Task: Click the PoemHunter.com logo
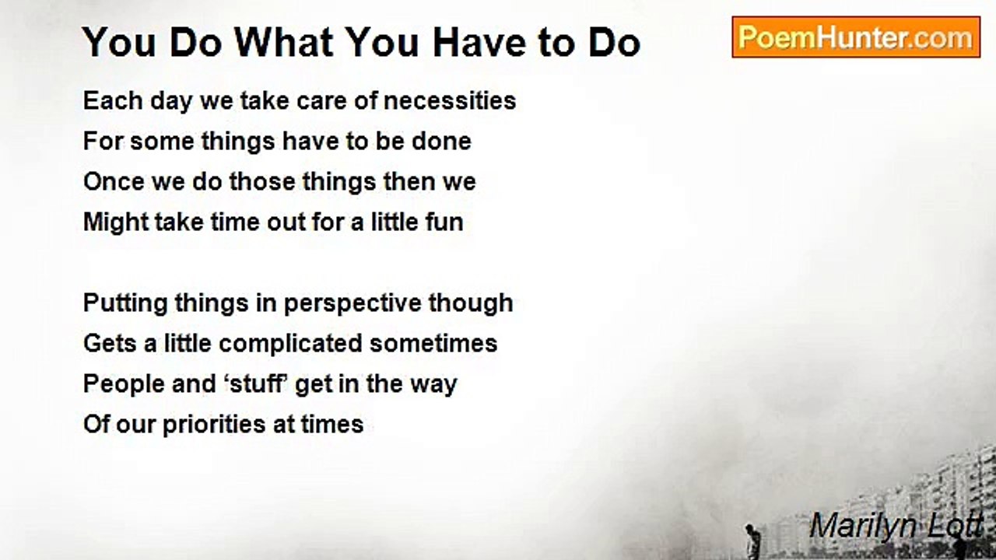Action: [856, 37]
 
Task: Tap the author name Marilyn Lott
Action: [896, 527]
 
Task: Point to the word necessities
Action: [450, 100]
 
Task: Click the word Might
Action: [116, 222]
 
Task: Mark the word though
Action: [471, 303]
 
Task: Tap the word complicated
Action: [290, 344]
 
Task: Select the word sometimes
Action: [433, 344]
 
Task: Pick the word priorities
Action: [214, 425]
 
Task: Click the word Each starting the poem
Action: [113, 100]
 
